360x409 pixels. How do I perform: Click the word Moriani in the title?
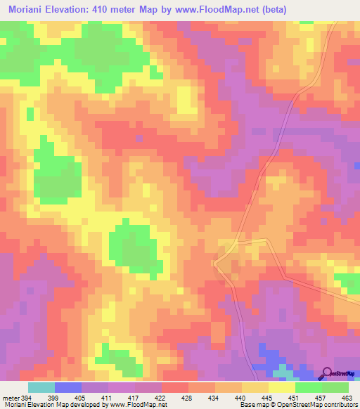30,11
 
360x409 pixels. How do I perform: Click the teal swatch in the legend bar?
41,387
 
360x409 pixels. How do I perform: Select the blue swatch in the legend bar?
68,387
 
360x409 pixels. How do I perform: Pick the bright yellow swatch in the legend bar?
282,387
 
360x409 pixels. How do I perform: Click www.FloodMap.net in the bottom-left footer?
134,405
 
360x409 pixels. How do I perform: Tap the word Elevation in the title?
75,11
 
